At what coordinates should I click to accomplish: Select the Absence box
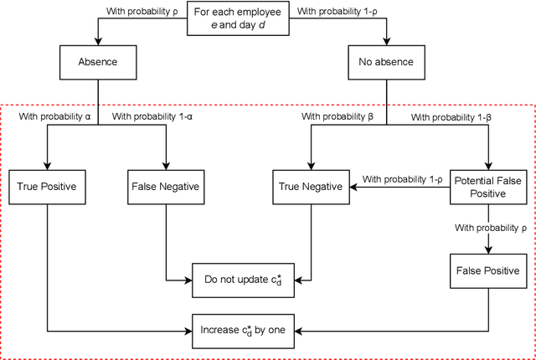98,61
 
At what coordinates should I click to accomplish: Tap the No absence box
386,61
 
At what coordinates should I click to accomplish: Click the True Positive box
47,187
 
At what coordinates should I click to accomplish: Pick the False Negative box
165,187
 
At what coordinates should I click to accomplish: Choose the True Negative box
310,187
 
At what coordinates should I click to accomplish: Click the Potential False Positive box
489,187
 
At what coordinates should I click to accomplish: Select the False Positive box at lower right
489,272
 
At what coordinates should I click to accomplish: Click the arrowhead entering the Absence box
98,42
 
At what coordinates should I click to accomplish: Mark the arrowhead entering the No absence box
386,42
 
